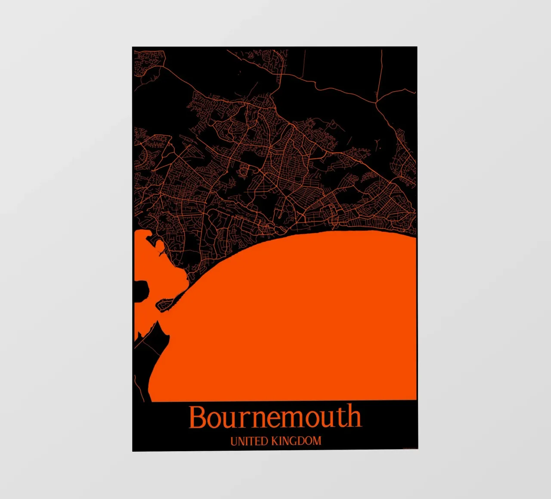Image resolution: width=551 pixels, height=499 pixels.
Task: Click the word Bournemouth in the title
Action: point(275,417)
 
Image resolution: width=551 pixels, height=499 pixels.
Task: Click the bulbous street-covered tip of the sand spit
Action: point(164,305)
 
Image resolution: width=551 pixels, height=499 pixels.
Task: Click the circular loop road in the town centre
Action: point(244,172)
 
